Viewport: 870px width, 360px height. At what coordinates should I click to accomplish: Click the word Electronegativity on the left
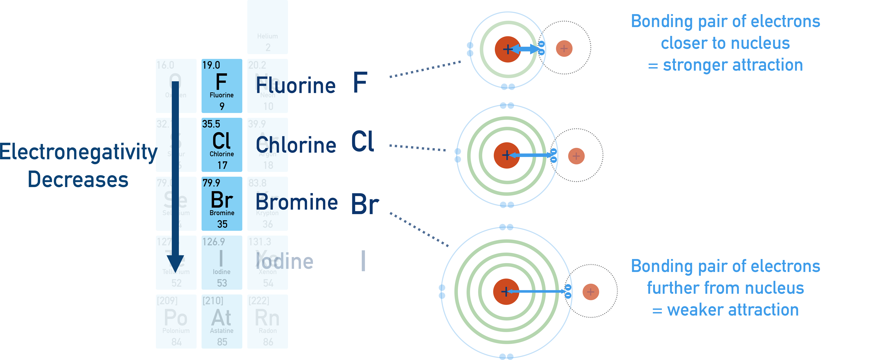point(78,152)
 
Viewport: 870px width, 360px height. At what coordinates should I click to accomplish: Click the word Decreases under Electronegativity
point(78,180)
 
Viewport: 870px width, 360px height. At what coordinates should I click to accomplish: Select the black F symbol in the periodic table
point(221,82)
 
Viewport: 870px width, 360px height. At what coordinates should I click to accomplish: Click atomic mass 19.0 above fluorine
point(211,65)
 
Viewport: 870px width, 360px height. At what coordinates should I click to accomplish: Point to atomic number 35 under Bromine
point(222,224)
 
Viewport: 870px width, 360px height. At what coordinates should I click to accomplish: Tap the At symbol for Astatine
point(222,318)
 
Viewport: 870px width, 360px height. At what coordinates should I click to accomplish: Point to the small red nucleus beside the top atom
point(564,49)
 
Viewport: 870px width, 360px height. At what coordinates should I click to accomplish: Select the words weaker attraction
point(733,310)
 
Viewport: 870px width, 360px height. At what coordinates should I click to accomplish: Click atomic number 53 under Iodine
point(222,283)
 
